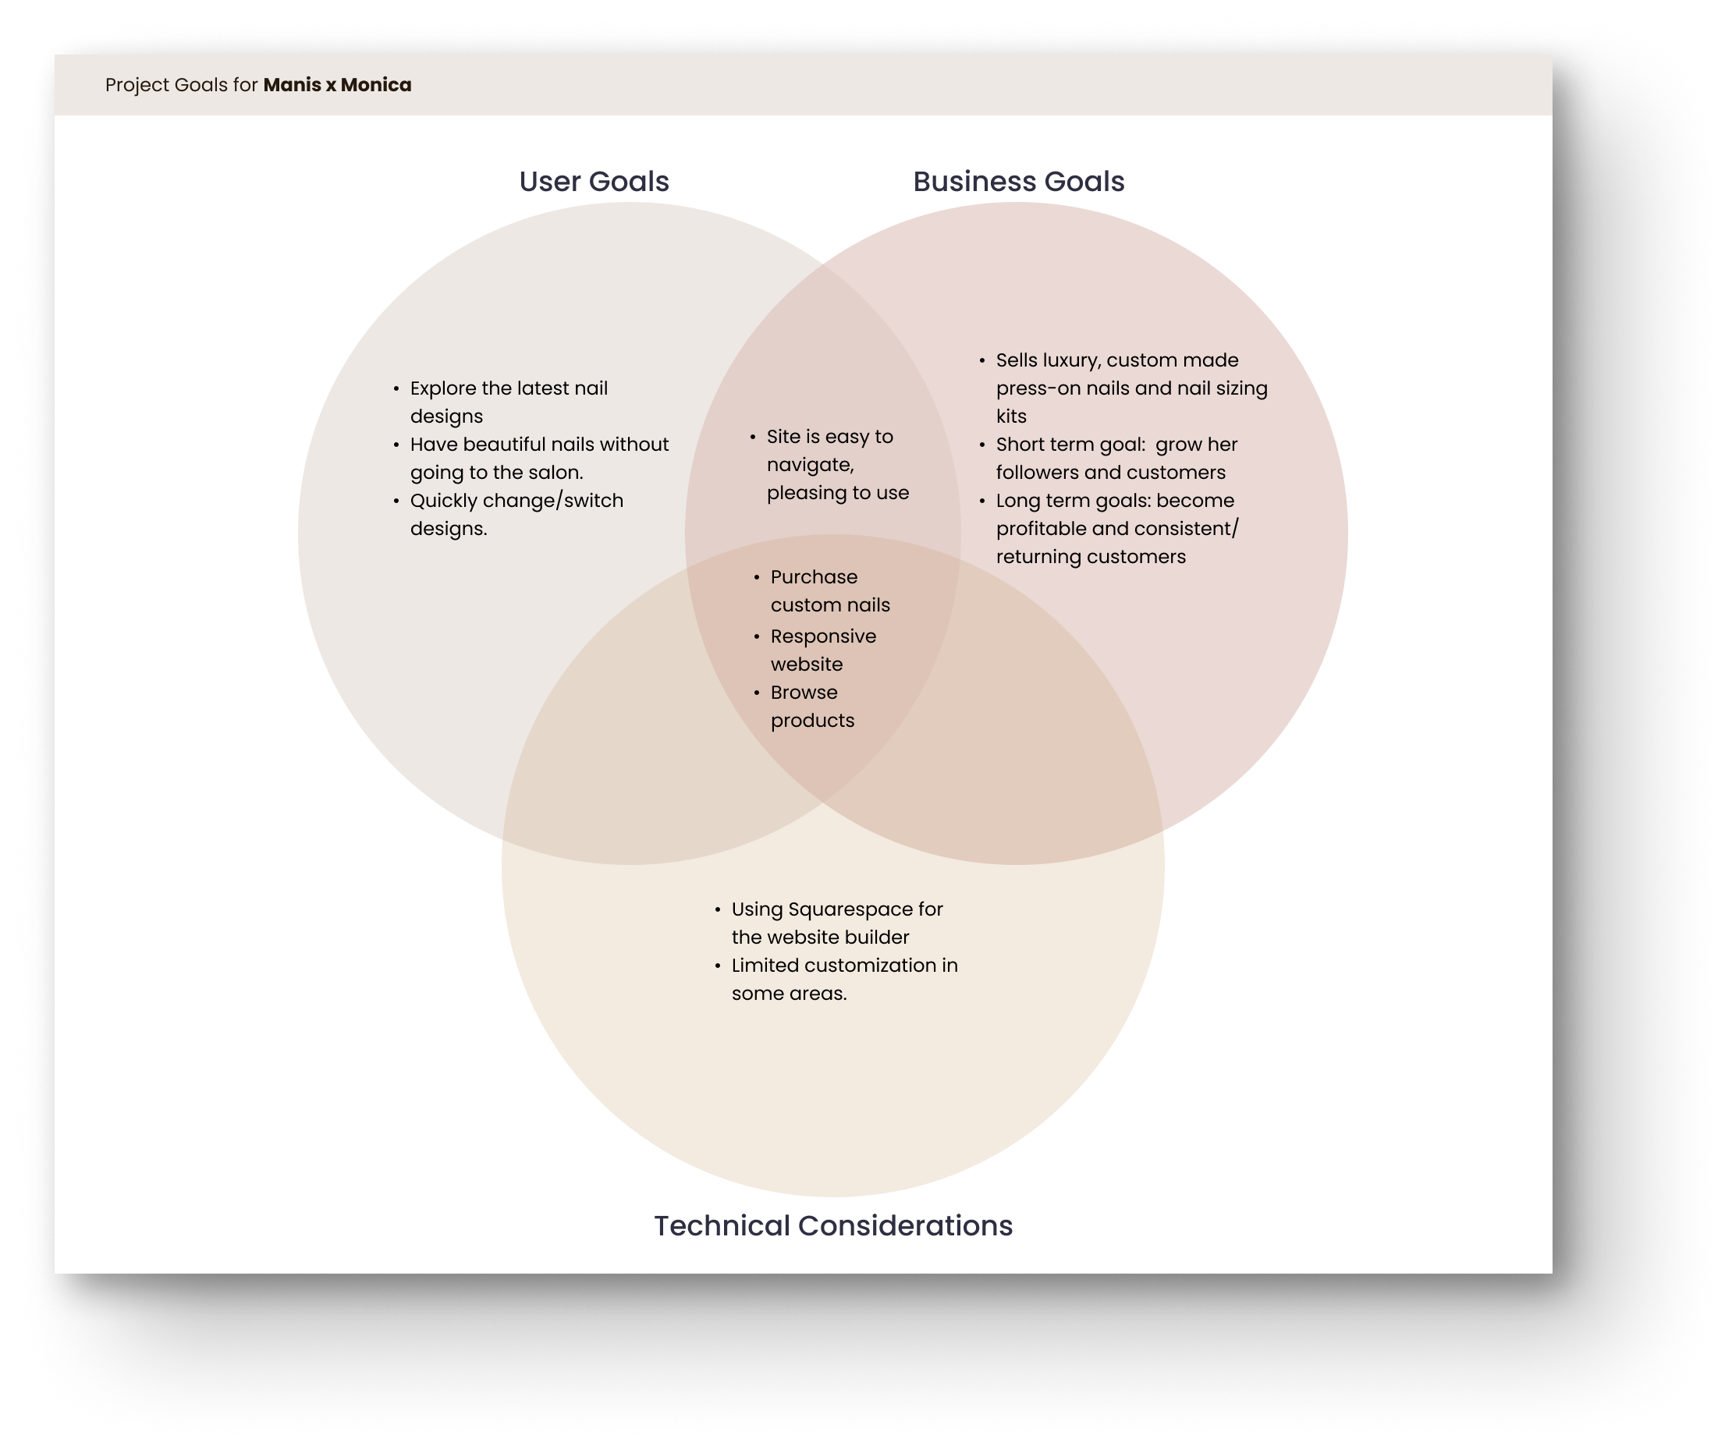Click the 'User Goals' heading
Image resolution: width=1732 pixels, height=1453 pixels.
pos(594,182)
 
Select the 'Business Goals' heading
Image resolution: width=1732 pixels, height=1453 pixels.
pos(1019,182)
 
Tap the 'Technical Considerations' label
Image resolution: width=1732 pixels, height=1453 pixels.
pos(833,1226)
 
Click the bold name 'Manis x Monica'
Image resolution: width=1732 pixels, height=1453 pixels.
pos(337,85)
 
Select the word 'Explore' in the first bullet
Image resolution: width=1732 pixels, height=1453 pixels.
pos(443,388)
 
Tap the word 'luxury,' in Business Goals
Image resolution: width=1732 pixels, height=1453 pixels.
pos(1070,360)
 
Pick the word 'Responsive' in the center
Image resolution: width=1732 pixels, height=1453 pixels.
pos(823,636)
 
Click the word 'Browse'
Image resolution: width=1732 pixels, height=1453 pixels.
pos(804,693)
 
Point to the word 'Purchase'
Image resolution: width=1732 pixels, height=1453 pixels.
pos(814,577)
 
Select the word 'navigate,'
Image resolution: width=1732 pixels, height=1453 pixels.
pos(810,465)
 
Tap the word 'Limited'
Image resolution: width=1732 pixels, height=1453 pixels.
pos(765,966)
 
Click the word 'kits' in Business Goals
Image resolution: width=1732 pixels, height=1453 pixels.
pos(1011,416)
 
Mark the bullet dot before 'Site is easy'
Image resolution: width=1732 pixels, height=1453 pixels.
pos(753,437)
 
